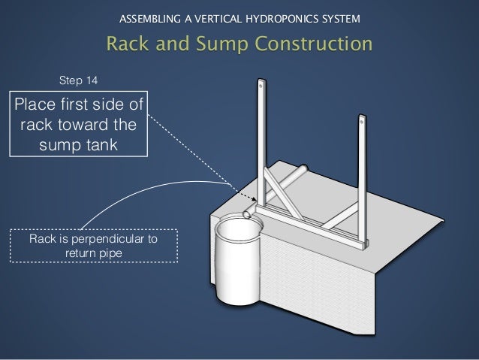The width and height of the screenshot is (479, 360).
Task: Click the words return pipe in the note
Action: pos(94,253)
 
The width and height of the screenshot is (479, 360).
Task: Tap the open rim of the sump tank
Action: pos(238,225)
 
